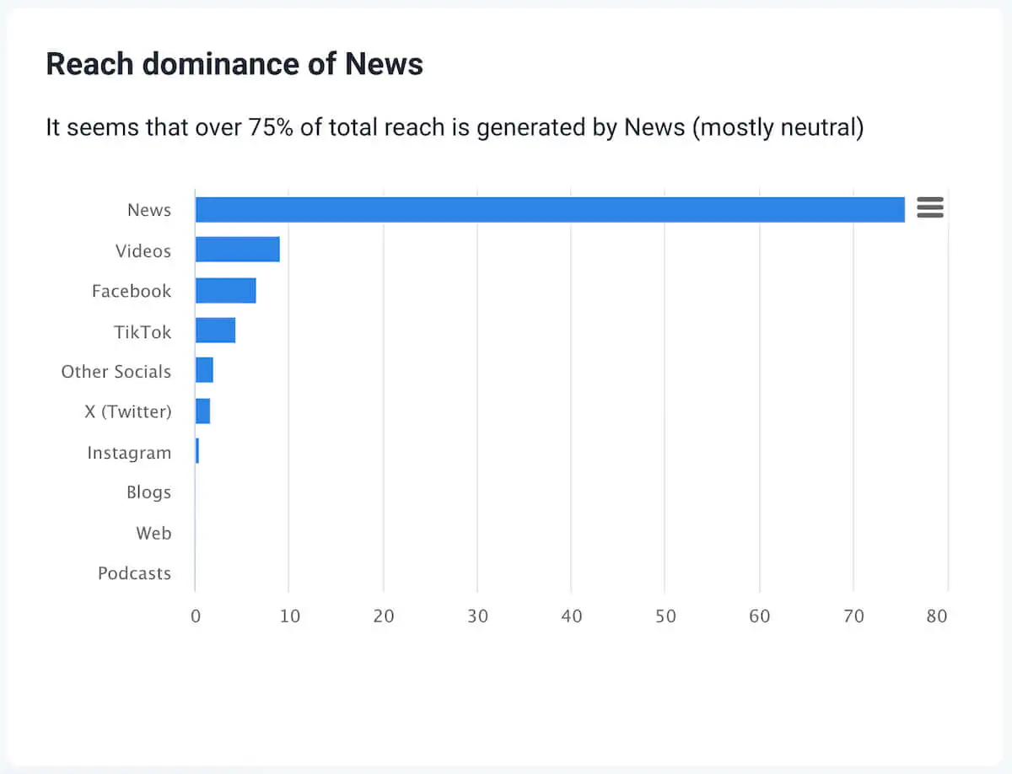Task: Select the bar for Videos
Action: coord(237,250)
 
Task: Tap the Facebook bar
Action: coord(225,290)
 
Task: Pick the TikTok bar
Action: coord(215,331)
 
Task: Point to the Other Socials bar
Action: coord(204,370)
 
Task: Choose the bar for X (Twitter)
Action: coord(202,411)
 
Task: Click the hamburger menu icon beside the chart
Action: coord(929,207)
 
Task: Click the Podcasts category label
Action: coord(134,573)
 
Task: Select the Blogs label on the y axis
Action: coord(148,492)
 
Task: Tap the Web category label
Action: coord(153,533)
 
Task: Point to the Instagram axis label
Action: coord(129,453)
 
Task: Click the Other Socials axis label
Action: coord(116,372)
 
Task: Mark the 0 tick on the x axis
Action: coord(196,616)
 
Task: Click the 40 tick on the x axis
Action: coord(571,616)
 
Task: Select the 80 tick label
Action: coord(936,616)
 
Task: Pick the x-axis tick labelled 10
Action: coord(289,616)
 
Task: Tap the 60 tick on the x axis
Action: coord(759,616)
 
